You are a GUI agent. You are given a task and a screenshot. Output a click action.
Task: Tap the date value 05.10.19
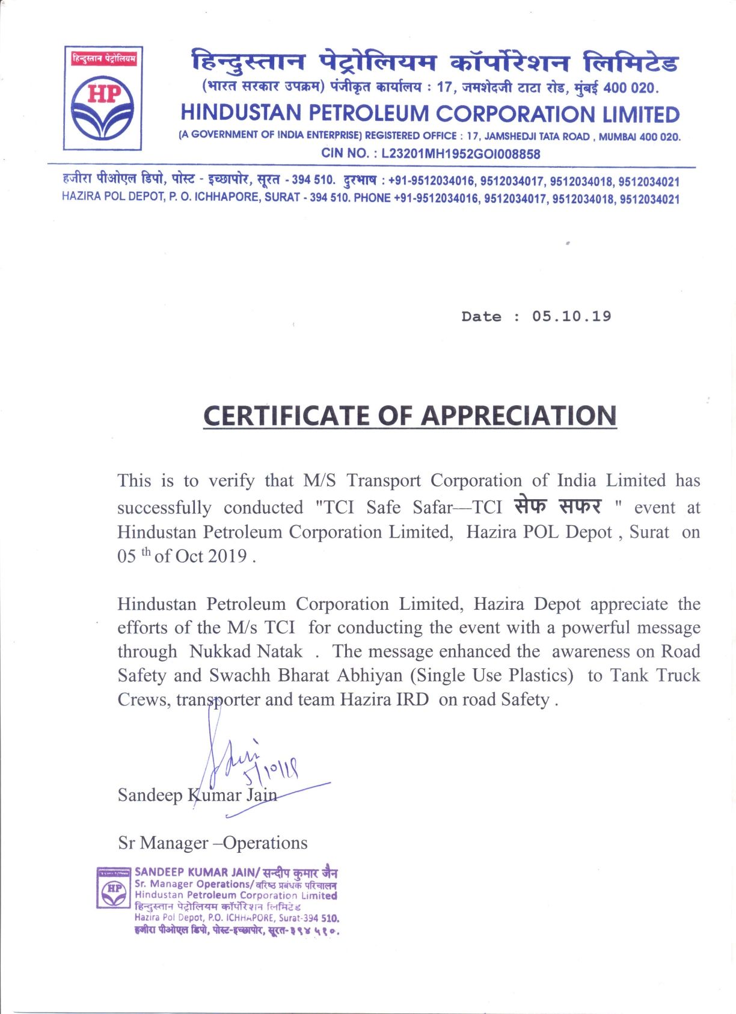pyautogui.click(x=571, y=316)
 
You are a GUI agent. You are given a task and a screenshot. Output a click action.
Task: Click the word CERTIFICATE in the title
pyautogui.click(x=286, y=416)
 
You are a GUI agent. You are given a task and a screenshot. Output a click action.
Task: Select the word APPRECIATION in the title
pyautogui.click(x=518, y=416)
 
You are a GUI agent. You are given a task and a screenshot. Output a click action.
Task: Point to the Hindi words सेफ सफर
pyautogui.click(x=557, y=506)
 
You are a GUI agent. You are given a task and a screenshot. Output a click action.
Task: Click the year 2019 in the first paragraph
pyautogui.click(x=227, y=556)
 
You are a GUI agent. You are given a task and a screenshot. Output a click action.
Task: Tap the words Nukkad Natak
pyautogui.click(x=245, y=651)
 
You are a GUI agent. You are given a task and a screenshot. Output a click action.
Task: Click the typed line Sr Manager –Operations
pyautogui.click(x=212, y=843)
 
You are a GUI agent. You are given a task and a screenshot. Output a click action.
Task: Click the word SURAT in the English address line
pyautogui.click(x=282, y=197)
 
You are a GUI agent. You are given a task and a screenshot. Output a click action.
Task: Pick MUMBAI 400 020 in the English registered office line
pyautogui.click(x=639, y=137)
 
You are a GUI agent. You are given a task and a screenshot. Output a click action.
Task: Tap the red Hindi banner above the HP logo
pyautogui.click(x=103, y=58)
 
